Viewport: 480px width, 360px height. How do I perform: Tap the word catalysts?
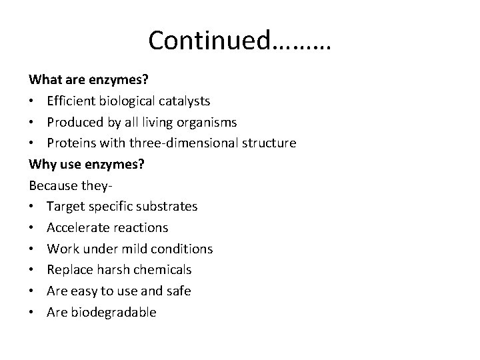185,101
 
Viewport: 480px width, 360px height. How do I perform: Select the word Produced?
73,122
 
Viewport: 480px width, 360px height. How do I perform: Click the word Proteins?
71,143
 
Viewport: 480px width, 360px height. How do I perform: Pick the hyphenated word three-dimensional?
193,143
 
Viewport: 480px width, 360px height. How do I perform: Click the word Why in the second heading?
41,164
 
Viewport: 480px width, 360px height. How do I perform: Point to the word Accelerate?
77,228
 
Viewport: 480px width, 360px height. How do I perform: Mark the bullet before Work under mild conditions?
33,249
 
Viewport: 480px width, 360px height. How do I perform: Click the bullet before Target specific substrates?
33,207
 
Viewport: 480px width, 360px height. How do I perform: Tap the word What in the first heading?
43,79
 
